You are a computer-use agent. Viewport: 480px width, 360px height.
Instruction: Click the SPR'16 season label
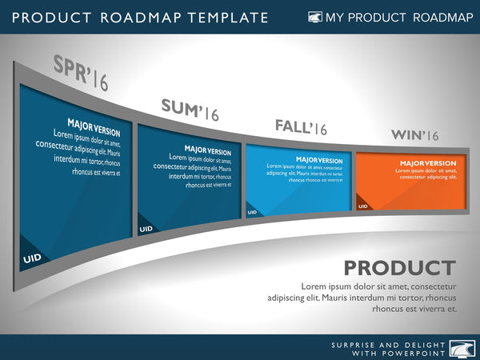[80, 73]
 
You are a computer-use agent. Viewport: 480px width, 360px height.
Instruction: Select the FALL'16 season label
[301, 126]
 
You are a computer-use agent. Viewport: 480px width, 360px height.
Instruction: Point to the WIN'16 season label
[414, 135]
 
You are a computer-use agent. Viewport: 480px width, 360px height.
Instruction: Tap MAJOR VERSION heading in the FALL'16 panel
[318, 160]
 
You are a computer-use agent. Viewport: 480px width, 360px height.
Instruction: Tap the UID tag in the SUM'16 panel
[146, 229]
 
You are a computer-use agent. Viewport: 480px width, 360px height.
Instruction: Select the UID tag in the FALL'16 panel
[252, 212]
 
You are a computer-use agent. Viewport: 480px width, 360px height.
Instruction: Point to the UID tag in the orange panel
[362, 206]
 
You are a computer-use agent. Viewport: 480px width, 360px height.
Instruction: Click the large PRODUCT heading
[399, 268]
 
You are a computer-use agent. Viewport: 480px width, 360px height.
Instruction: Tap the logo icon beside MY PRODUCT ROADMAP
[315, 17]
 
